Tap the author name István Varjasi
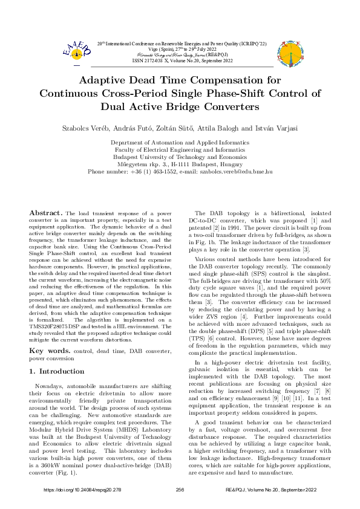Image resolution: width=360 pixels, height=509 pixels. point(261,129)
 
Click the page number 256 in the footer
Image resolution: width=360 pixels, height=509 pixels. point(180,489)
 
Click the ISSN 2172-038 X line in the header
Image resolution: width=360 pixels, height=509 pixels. point(180,60)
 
